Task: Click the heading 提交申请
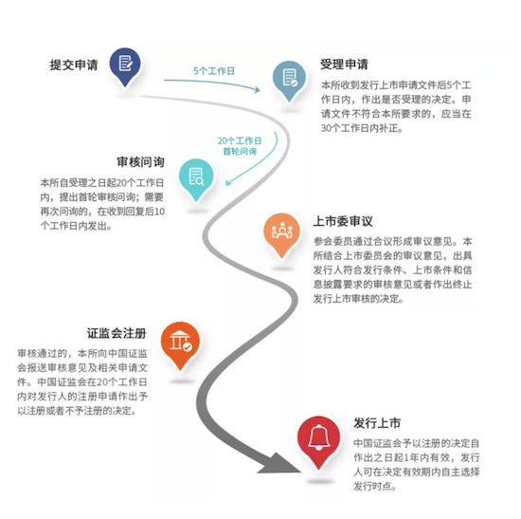coord(74,65)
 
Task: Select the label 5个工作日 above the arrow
coord(214,71)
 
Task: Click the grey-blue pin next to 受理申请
coord(289,81)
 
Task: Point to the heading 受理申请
coord(344,64)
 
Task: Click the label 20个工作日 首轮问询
coord(240,146)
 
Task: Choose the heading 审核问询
coord(140,162)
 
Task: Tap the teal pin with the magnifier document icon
coord(196,179)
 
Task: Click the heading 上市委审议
coord(343,221)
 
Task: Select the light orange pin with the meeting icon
coord(281,234)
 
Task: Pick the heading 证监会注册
coord(117,333)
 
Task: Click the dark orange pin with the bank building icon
coord(180,344)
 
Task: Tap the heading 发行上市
coord(377,423)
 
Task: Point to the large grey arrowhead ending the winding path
coord(278,464)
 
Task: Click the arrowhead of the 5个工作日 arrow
coord(257,89)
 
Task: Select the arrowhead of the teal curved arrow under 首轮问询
coord(228,182)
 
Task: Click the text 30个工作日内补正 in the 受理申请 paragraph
coord(361,128)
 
